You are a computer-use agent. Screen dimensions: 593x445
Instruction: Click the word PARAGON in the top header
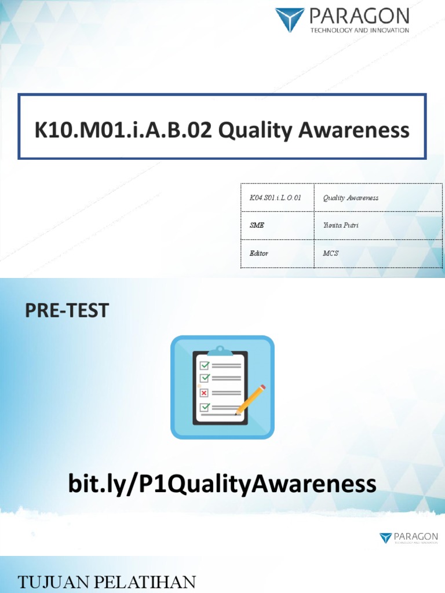359,16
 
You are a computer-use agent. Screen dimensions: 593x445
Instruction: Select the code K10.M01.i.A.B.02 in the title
123,130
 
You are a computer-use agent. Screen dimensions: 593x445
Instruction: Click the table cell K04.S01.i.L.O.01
275,198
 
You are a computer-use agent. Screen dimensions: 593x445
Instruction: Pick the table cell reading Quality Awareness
351,198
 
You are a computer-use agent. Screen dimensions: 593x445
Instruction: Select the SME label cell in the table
257,225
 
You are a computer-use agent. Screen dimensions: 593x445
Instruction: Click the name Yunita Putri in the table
341,225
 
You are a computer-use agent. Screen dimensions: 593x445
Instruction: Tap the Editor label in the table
259,253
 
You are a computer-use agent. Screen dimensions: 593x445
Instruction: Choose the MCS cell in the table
331,253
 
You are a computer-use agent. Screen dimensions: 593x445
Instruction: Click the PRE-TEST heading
67,311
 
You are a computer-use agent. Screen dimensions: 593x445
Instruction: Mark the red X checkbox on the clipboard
204,393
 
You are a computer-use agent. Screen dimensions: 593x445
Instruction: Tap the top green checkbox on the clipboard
204,365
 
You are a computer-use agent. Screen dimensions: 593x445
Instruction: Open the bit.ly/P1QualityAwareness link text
222,484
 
